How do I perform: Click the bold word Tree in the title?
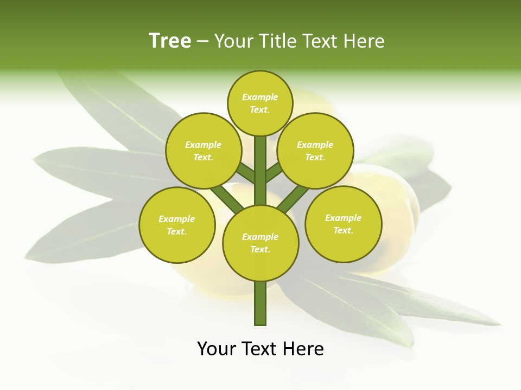pos(170,41)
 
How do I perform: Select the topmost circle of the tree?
pos(260,103)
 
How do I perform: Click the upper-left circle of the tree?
pos(204,151)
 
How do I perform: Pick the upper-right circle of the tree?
pos(315,151)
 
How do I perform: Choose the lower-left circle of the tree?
pos(177,225)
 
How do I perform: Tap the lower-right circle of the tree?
pos(344,224)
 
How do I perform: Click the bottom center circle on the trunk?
pos(260,243)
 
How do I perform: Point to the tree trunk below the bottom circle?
pos(260,303)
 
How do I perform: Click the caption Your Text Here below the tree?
pos(260,349)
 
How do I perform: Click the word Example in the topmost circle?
pos(260,97)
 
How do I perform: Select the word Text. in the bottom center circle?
pos(260,249)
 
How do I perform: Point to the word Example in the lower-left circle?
pos(176,219)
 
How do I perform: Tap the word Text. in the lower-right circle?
pos(343,230)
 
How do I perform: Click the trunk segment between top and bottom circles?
pos(260,171)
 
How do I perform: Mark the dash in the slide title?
pos(202,42)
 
